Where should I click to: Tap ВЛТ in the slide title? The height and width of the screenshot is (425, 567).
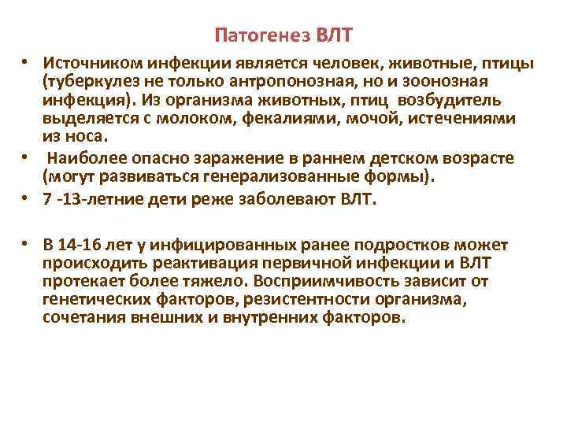click(333, 35)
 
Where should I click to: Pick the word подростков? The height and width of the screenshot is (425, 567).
click(406, 244)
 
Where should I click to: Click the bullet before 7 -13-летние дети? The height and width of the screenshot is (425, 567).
click(26, 199)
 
